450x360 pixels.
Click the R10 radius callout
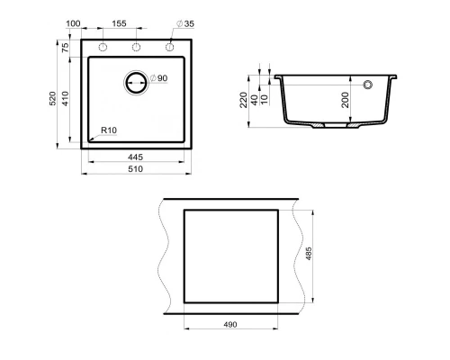click(109, 130)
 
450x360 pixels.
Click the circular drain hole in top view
click(136, 82)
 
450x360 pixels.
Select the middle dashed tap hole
click(136, 47)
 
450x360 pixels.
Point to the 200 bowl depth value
click(344, 99)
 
